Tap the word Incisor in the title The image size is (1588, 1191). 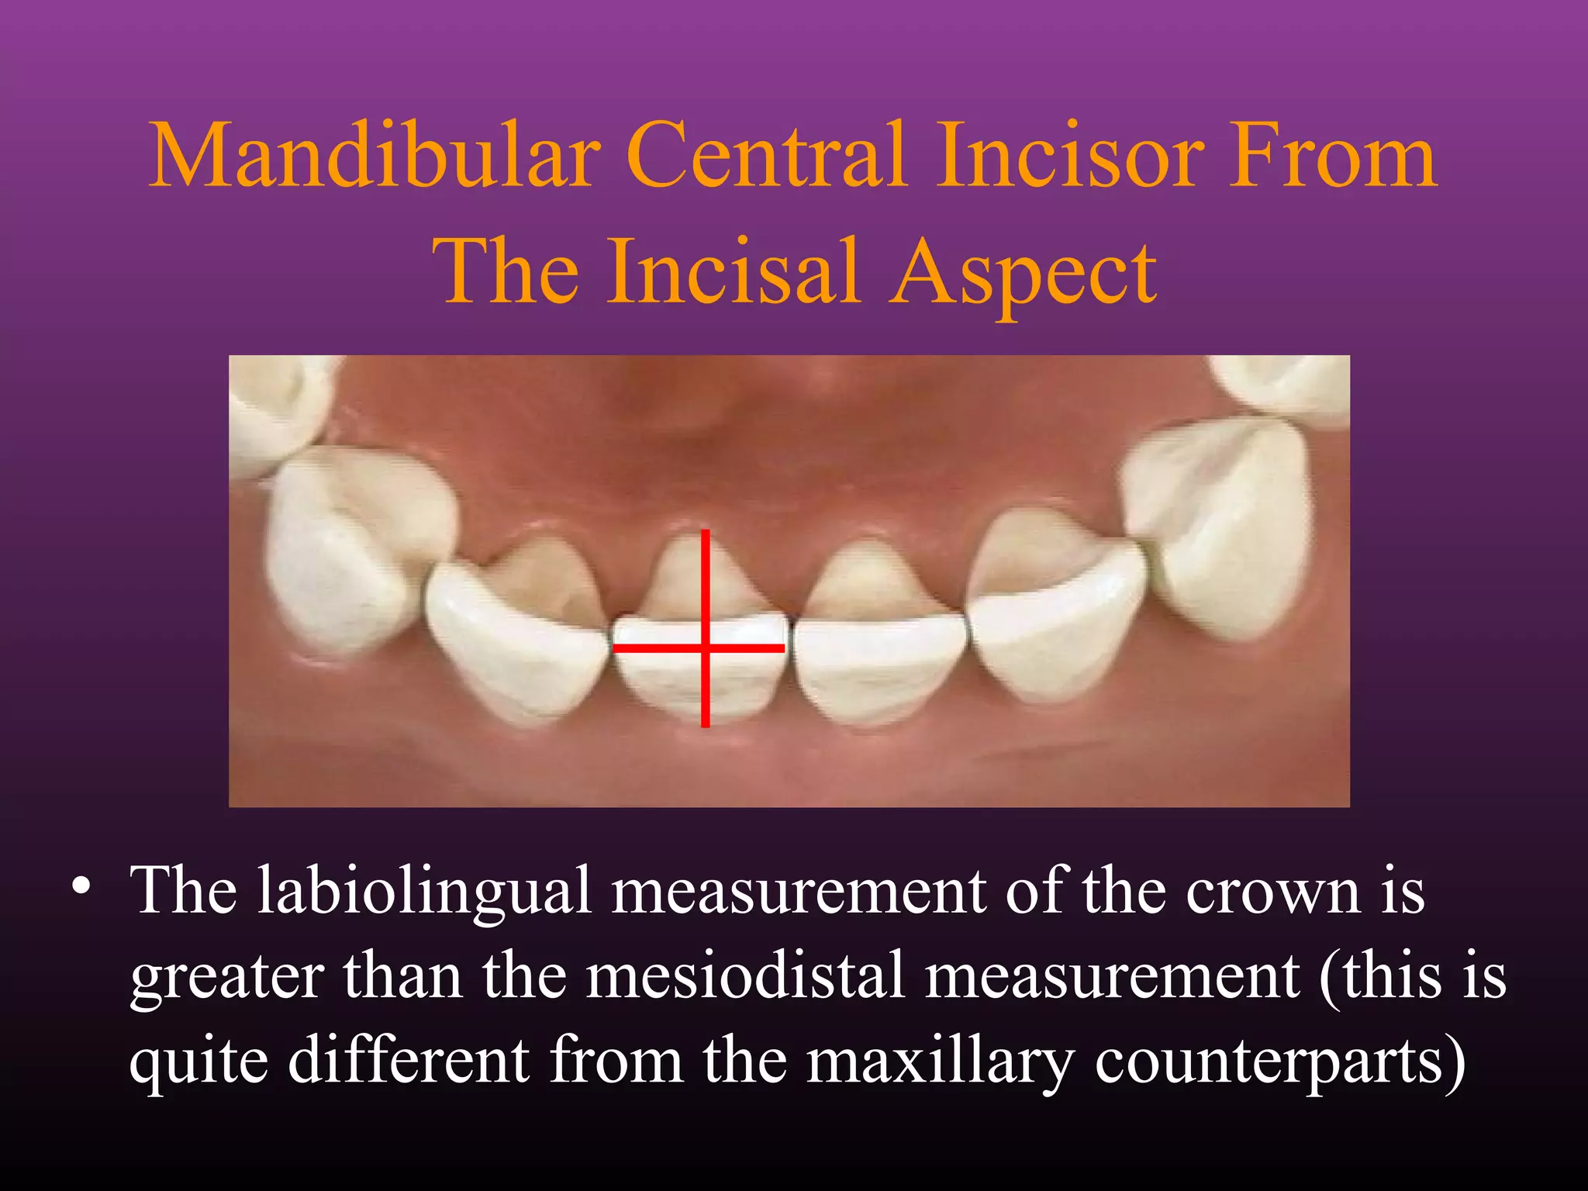pos(1070,155)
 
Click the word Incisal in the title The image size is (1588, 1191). pos(733,271)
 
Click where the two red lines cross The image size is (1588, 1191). pos(705,647)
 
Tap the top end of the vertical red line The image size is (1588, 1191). pos(705,532)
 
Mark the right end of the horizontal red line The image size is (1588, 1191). pos(783,647)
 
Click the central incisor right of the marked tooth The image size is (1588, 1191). pos(880,659)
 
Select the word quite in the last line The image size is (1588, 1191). pos(198,1061)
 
